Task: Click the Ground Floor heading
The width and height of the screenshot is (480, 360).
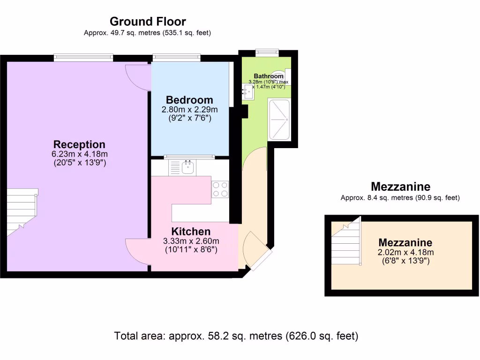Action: tap(148, 22)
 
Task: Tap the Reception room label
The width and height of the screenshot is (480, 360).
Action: tap(79, 144)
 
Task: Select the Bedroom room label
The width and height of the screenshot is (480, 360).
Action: tap(189, 100)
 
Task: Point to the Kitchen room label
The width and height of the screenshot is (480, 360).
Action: tap(191, 231)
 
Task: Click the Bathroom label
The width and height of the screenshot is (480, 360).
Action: tap(269, 76)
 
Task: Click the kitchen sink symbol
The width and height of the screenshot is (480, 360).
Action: tap(187, 167)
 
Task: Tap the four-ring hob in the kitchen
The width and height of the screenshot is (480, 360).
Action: tap(220, 189)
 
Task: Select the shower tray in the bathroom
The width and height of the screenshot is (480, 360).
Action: tap(279, 120)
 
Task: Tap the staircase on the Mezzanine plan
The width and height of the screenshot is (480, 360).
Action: tap(346, 242)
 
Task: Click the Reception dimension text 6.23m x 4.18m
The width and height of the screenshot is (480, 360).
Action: tap(80, 154)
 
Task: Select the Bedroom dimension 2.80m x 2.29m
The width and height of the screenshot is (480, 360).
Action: tap(189, 109)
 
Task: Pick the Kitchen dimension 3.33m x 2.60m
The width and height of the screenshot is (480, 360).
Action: tap(191, 241)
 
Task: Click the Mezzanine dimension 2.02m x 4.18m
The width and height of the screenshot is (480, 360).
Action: tap(405, 252)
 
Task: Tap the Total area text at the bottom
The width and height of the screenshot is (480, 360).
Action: tap(236, 336)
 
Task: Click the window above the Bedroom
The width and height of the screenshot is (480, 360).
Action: tap(177, 57)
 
